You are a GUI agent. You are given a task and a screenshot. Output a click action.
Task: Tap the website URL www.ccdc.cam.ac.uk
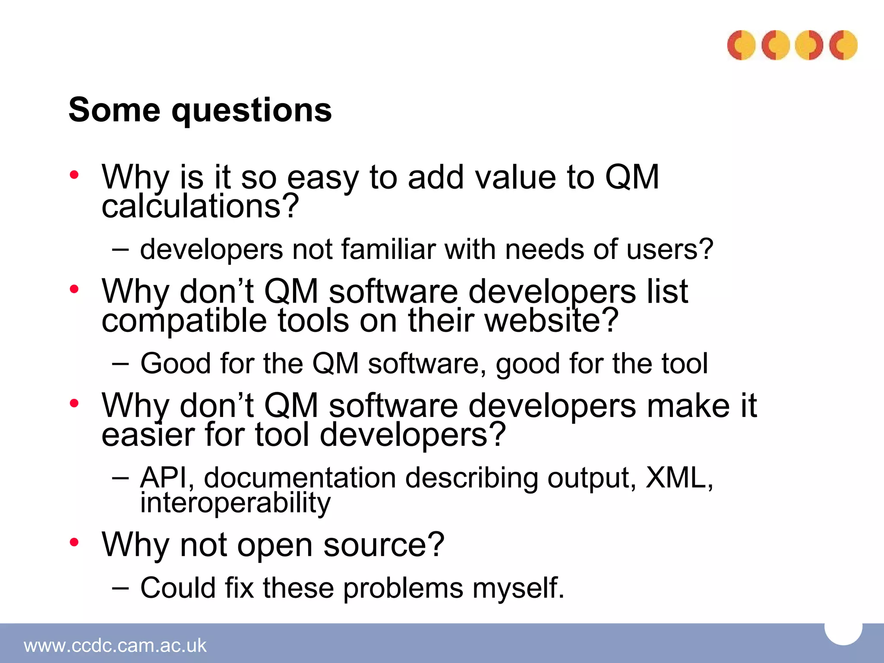point(115,646)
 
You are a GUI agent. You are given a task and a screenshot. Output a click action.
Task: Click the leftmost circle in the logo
point(741,45)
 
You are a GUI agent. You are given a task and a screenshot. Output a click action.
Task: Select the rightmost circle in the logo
point(843,45)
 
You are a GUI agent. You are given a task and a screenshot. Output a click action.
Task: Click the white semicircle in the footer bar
point(843,632)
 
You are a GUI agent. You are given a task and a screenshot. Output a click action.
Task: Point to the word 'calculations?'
point(200,206)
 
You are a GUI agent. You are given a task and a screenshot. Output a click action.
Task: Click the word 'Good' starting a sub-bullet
point(175,363)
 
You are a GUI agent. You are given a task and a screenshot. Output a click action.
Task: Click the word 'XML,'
point(679,478)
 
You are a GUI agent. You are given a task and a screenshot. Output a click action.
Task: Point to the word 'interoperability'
point(235,503)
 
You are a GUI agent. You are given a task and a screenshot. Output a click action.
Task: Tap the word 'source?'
point(384,545)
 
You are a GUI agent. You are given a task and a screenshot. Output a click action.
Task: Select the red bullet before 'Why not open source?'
point(74,542)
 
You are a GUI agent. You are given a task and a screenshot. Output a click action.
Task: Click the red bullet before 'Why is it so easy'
point(74,175)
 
